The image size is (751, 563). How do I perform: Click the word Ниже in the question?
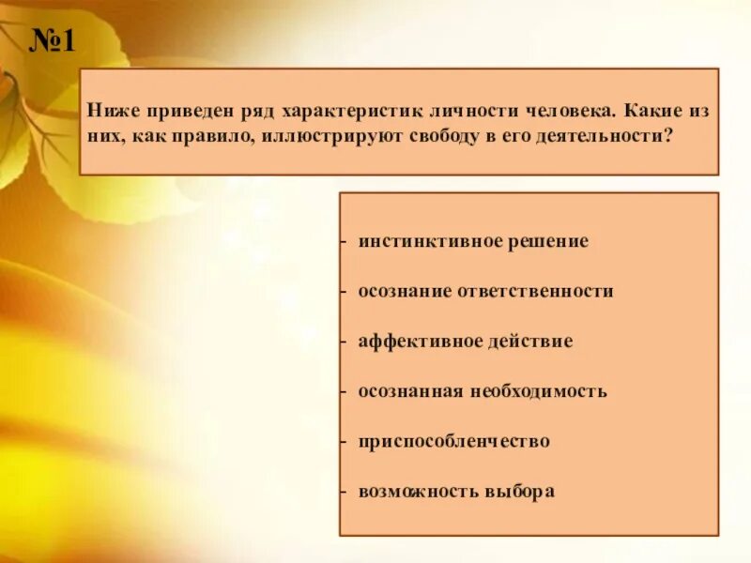pyautogui.click(x=110, y=111)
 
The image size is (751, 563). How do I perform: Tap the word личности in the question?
pyautogui.click(x=467, y=111)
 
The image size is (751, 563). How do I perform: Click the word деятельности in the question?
pyautogui.click(x=605, y=135)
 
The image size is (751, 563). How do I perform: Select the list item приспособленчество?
pyautogui.click(x=453, y=441)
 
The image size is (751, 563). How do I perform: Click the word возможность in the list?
pyautogui.click(x=416, y=491)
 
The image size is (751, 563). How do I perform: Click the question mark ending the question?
pyautogui.click(x=669, y=135)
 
